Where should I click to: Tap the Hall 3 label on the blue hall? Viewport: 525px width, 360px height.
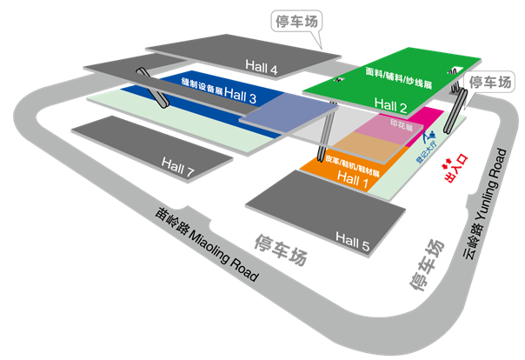pyautogui.click(x=239, y=98)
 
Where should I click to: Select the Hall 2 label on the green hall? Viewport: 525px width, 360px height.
pyautogui.click(x=390, y=104)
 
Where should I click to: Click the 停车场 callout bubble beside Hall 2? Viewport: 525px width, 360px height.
pyautogui.click(x=489, y=82)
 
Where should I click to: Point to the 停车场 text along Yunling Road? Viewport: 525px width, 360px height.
pyautogui.click(x=425, y=265)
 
